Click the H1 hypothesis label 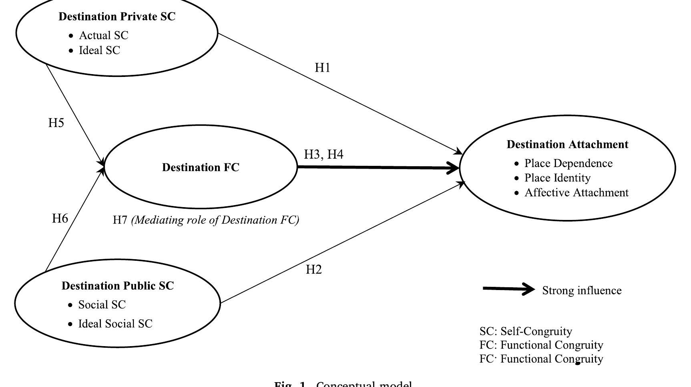[x=323, y=68]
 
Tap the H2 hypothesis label [x=314, y=270]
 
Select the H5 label [x=56, y=123]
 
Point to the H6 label [x=60, y=218]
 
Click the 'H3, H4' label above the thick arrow [x=323, y=154]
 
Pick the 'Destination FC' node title [x=201, y=167]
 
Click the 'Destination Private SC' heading [x=117, y=16]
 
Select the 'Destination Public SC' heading [x=118, y=286]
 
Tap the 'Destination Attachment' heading [x=567, y=144]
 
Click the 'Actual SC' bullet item [x=104, y=35]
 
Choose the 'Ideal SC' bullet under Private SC [x=99, y=50]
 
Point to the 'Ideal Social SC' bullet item [x=115, y=324]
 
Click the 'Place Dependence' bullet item [x=568, y=163]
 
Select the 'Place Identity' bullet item [x=557, y=178]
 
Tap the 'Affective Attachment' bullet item [x=576, y=193]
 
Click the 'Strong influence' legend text [x=582, y=290]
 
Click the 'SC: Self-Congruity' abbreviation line [x=526, y=331]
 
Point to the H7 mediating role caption [x=206, y=220]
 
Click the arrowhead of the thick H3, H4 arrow [x=454, y=168]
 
